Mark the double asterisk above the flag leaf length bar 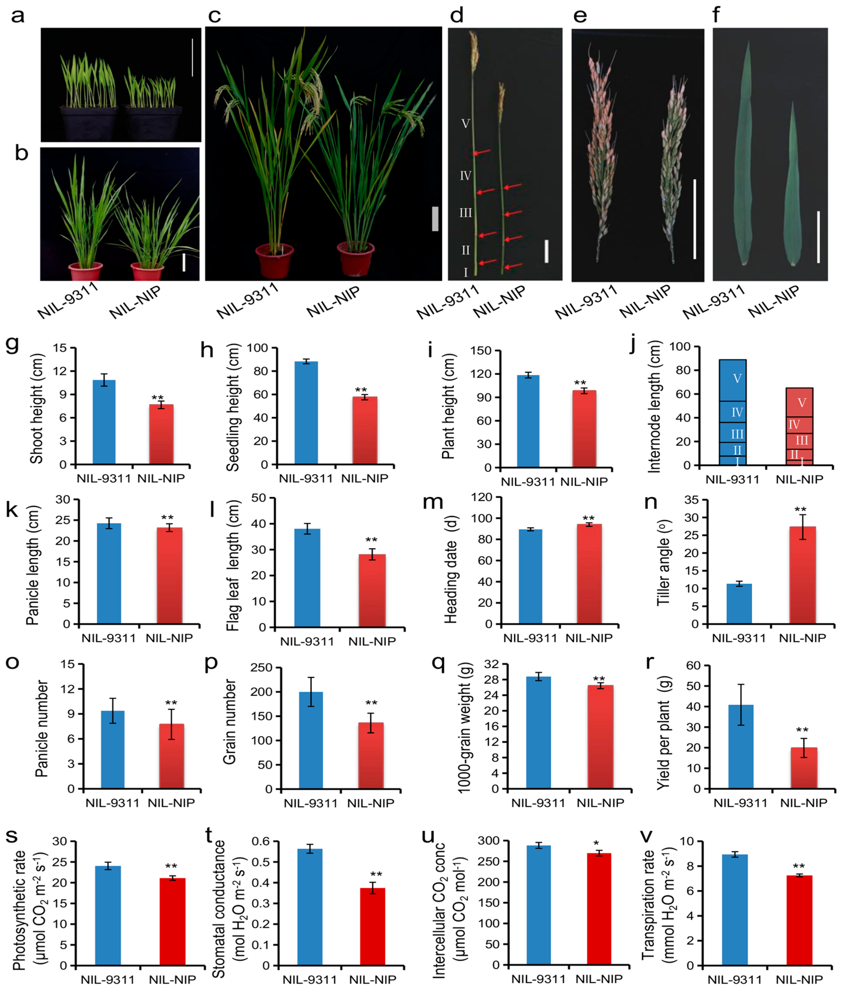coord(371,540)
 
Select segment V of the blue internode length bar coord(733,380)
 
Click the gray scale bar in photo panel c coord(435,219)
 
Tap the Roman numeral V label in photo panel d coord(466,124)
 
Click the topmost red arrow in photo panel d coord(482,152)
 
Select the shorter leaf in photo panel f coord(792,191)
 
